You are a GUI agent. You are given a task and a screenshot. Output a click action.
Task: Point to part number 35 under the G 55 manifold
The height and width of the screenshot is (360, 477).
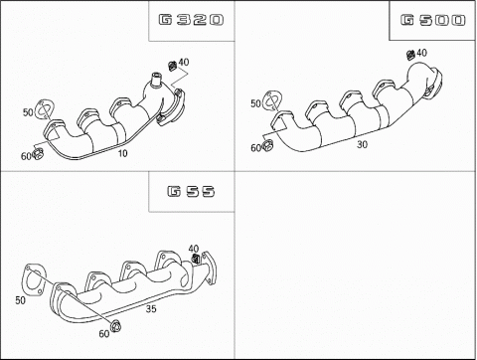point(150,309)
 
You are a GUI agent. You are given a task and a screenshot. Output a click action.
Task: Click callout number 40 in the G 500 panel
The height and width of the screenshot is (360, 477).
point(421,53)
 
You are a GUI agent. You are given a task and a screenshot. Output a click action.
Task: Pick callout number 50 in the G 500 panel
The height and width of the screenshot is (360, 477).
point(255,103)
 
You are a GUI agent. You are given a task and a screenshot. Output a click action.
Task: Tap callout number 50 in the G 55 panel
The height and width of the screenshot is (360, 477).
point(20,299)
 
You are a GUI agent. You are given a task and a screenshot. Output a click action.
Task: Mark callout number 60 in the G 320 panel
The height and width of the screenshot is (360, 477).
point(26,155)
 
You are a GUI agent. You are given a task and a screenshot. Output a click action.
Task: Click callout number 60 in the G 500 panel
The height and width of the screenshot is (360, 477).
point(254,149)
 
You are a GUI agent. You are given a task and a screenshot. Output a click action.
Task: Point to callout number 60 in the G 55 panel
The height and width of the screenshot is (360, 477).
point(104,333)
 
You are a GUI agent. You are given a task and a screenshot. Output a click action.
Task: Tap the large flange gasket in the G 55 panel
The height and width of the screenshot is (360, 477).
point(33,277)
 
